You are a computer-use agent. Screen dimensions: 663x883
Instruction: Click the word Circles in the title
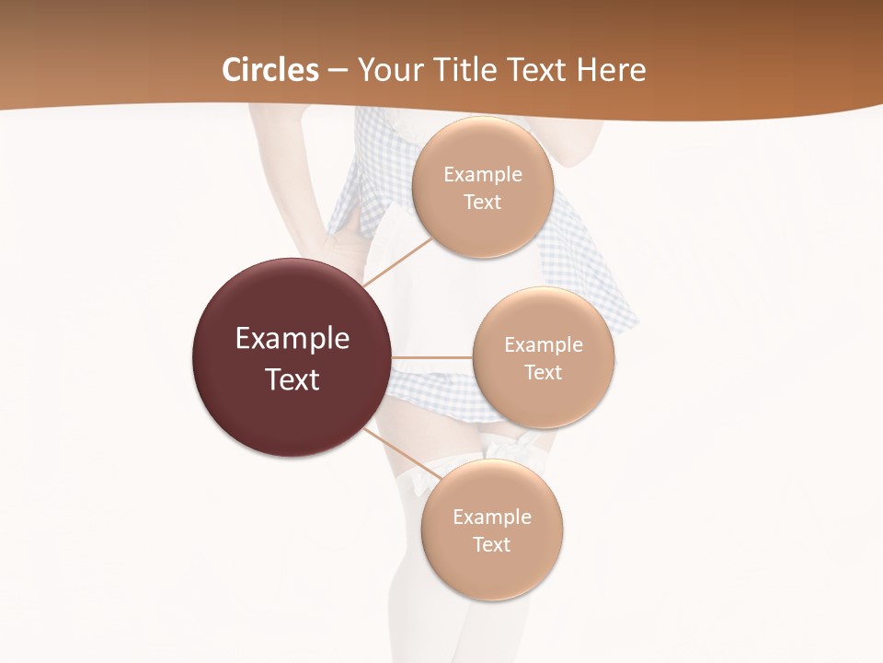point(270,70)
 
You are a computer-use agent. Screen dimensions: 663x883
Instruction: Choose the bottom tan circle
point(492,571)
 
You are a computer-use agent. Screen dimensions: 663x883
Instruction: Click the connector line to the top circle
point(398,261)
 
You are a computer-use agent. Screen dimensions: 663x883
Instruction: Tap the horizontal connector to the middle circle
point(431,357)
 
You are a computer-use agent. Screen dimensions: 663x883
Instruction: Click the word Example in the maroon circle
point(292,339)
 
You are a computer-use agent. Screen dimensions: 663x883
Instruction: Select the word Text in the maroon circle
point(292,379)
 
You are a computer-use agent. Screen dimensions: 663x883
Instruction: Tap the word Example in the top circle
point(483,175)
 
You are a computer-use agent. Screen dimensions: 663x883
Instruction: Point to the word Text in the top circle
point(483,203)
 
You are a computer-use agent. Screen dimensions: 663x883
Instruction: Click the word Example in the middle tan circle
point(544,345)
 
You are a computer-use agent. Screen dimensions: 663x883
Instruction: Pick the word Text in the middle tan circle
point(544,373)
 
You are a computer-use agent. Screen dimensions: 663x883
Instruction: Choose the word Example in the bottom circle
point(492,518)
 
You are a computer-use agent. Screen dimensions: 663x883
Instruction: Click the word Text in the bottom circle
point(492,545)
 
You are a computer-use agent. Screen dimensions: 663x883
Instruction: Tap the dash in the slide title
point(338,71)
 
